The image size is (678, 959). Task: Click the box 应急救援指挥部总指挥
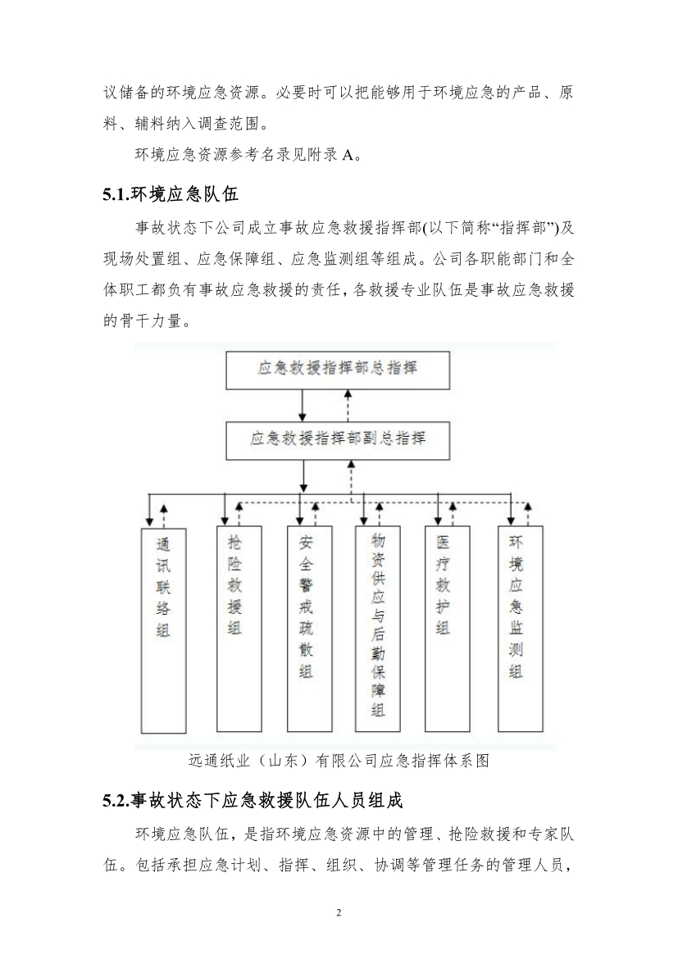click(338, 370)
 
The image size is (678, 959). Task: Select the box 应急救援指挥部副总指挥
click(338, 440)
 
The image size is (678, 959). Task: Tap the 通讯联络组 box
click(163, 630)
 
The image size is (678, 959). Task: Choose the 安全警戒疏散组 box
click(310, 628)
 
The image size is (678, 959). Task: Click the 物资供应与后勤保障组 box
click(378, 628)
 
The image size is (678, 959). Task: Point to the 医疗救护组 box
click(448, 628)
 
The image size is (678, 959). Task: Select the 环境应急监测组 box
click(520, 628)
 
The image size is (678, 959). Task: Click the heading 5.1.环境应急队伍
click(171, 194)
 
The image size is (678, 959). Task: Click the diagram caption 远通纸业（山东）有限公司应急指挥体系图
click(339, 761)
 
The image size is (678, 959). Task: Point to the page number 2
click(339, 913)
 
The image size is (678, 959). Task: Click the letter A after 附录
click(348, 156)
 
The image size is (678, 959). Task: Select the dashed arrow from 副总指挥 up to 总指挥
click(348, 406)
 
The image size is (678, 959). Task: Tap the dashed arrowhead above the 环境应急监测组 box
click(528, 507)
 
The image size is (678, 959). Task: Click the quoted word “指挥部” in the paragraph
click(527, 228)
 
